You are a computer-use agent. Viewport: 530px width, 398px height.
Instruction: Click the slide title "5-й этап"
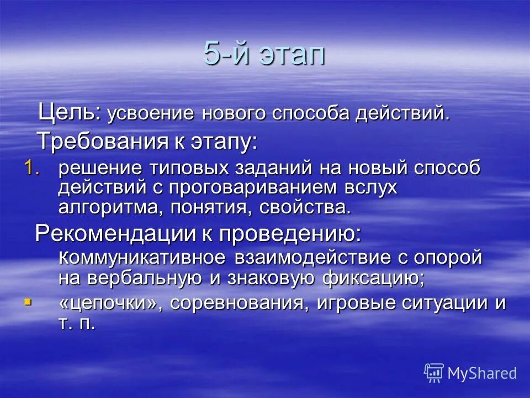[264, 54]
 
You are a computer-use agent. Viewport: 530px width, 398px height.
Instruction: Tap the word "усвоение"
[150, 114]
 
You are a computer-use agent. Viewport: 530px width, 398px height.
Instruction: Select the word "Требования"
[102, 142]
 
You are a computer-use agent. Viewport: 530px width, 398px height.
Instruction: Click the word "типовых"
[182, 168]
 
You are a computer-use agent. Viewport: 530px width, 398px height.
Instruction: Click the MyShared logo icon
[434, 373]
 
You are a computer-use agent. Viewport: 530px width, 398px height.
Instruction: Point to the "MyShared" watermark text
[482, 373]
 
